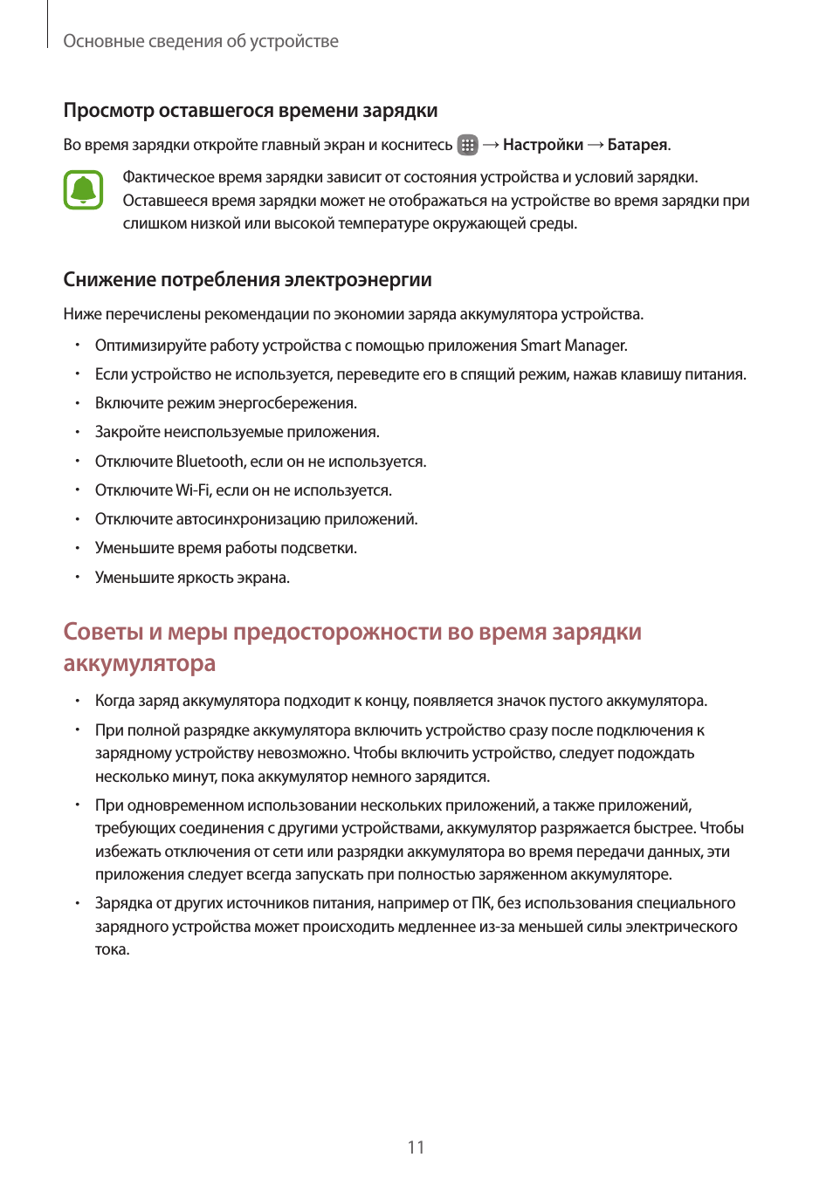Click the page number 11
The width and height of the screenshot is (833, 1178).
click(x=416, y=1147)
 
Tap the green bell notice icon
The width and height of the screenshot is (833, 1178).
click(x=83, y=189)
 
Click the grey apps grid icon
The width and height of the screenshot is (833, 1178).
click(x=468, y=145)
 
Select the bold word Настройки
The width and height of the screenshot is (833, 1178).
click(x=542, y=145)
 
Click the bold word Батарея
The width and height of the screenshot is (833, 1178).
click(x=637, y=145)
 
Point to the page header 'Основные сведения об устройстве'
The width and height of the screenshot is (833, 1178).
click(x=201, y=41)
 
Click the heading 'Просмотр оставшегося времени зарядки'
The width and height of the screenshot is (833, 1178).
click(x=251, y=111)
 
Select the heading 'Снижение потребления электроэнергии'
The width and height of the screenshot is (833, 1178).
click(x=247, y=280)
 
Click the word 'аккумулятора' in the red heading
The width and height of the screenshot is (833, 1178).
click(x=140, y=663)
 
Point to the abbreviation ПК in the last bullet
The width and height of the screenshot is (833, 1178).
click(x=482, y=903)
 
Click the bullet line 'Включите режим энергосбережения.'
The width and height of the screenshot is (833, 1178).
click(x=225, y=403)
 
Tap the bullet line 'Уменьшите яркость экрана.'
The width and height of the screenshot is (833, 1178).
click(x=192, y=578)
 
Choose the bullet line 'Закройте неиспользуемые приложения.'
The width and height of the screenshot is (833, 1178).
click(x=237, y=432)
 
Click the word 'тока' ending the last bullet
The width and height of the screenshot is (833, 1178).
click(x=111, y=949)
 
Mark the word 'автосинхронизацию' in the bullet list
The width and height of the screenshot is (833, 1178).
click(x=248, y=519)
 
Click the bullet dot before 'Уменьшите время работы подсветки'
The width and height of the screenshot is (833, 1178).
click(x=77, y=548)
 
